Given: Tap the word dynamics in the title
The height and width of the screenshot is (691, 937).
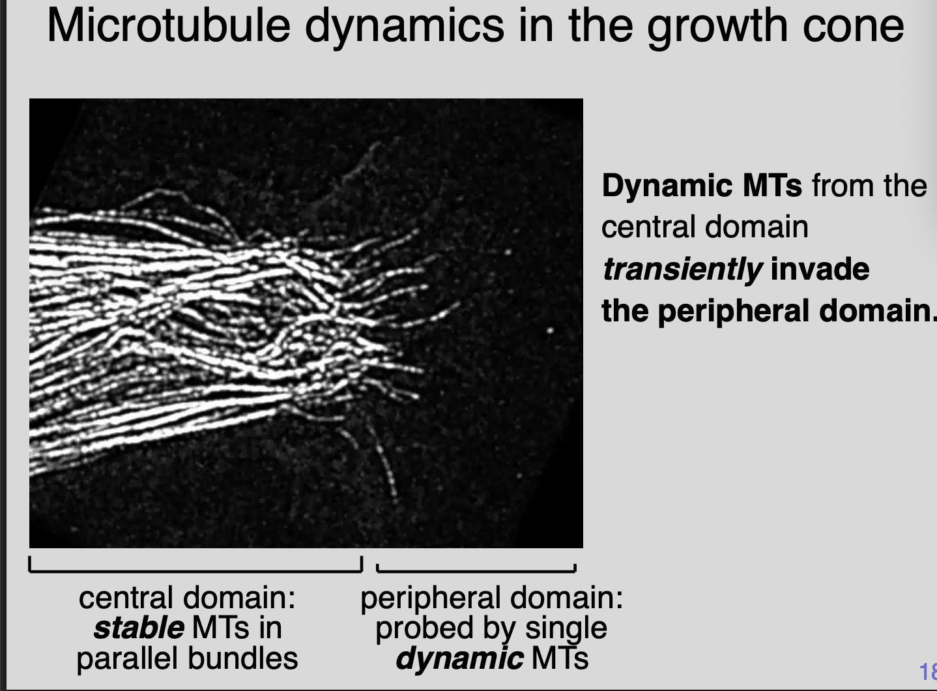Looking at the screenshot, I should pyautogui.click(x=404, y=26).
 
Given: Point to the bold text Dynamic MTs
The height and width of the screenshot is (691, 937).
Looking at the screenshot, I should pyautogui.click(x=701, y=186).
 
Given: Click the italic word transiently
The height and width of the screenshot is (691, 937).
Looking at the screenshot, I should pyautogui.click(x=681, y=269).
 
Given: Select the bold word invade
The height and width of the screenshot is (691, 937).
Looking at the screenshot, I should pyautogui.click(x=820, y=269).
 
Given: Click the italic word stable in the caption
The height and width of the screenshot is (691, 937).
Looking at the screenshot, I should pyautogui.click(x=138, y=628).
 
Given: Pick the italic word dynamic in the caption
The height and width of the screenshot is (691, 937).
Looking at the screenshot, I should pyautogui.click(x=459, y=658).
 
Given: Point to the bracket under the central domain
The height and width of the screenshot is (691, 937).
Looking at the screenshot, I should pyautogui.click(x=195, y=570).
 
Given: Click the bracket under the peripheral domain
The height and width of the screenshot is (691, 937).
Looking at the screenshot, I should pyautogui.click(x=476, y=570).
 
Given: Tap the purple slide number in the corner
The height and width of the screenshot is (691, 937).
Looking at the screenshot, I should pyautogui.click(x=928, y=671).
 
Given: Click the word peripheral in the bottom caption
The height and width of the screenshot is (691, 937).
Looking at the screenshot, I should pyautogui.click(x=431, y=598).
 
